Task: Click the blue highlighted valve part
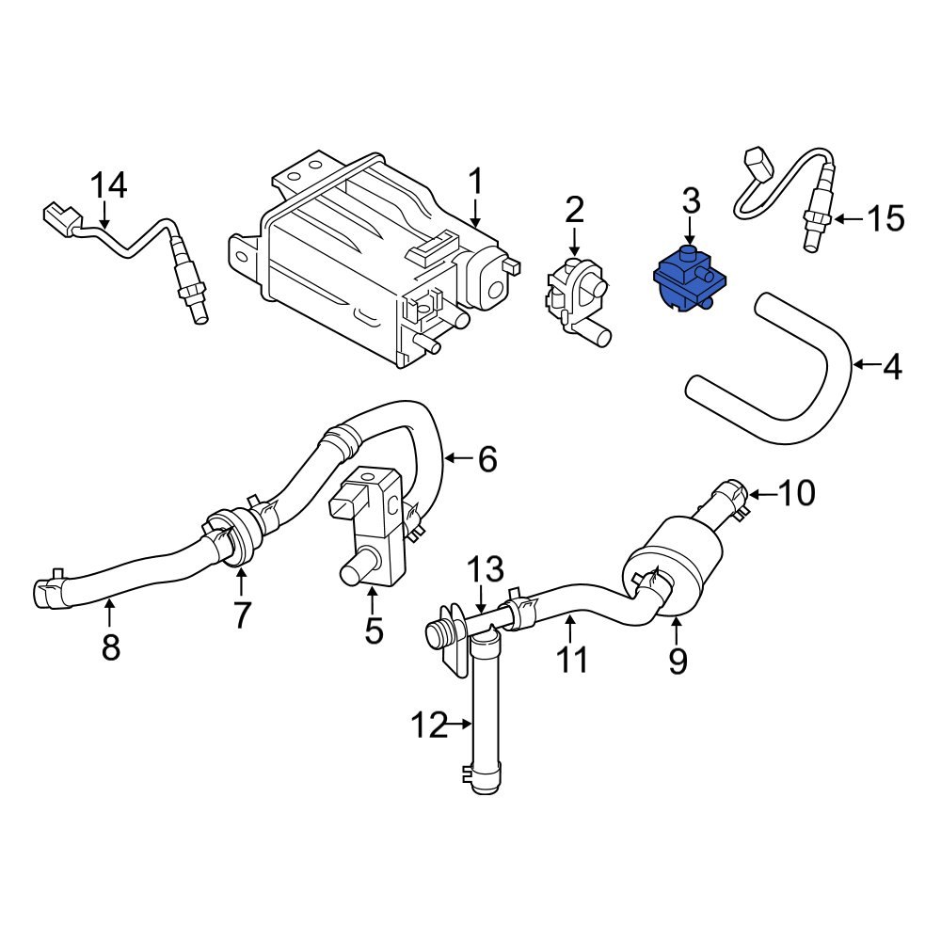(x=688, y=280)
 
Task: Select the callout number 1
(x=476, y=181)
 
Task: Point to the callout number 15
(x=885, y=219)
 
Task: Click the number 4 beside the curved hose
(x=890, y=366)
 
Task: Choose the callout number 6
(x=486, y=459)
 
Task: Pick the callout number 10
(x=796, y=492)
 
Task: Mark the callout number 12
(x=429, y=725)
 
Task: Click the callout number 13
(x=487, y=569)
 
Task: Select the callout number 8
(x=111, y=647)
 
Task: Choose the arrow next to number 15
(x=847, y=219)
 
